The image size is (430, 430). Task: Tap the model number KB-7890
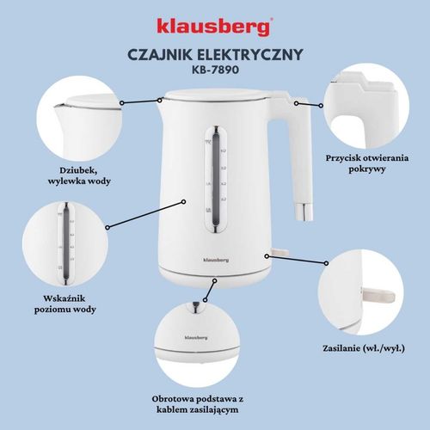click(x=215, y=72)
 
